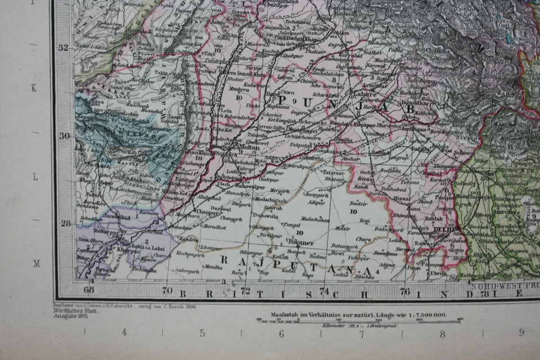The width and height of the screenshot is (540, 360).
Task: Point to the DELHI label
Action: [442, 230]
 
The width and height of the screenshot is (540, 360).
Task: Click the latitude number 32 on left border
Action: [64, 47]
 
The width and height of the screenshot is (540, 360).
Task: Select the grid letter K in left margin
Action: [34, 88]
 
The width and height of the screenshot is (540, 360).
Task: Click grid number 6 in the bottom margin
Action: [281, 332]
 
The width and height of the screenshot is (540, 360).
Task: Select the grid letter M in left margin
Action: [35, 263]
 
